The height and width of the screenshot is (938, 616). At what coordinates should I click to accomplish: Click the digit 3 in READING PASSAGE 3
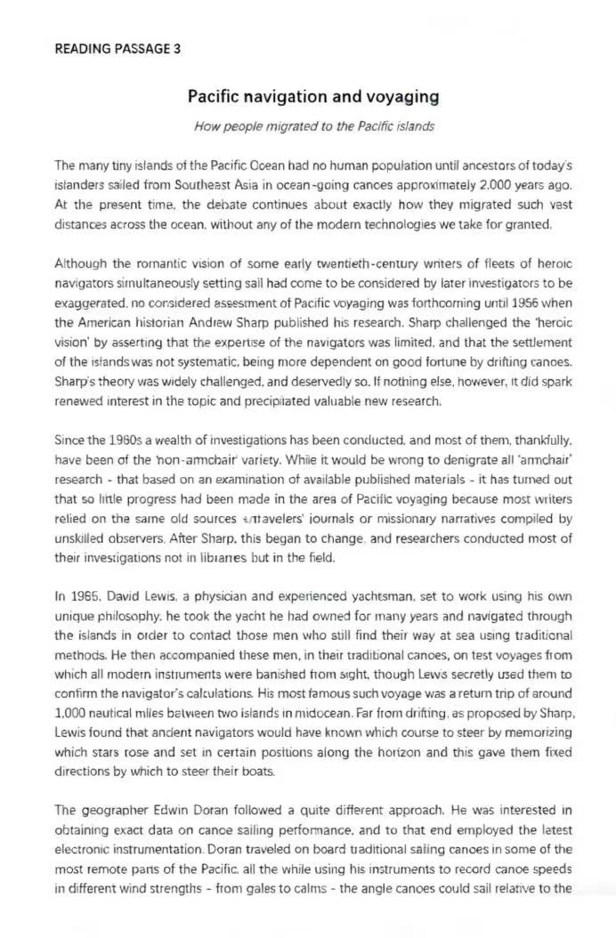tap(177, 49)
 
